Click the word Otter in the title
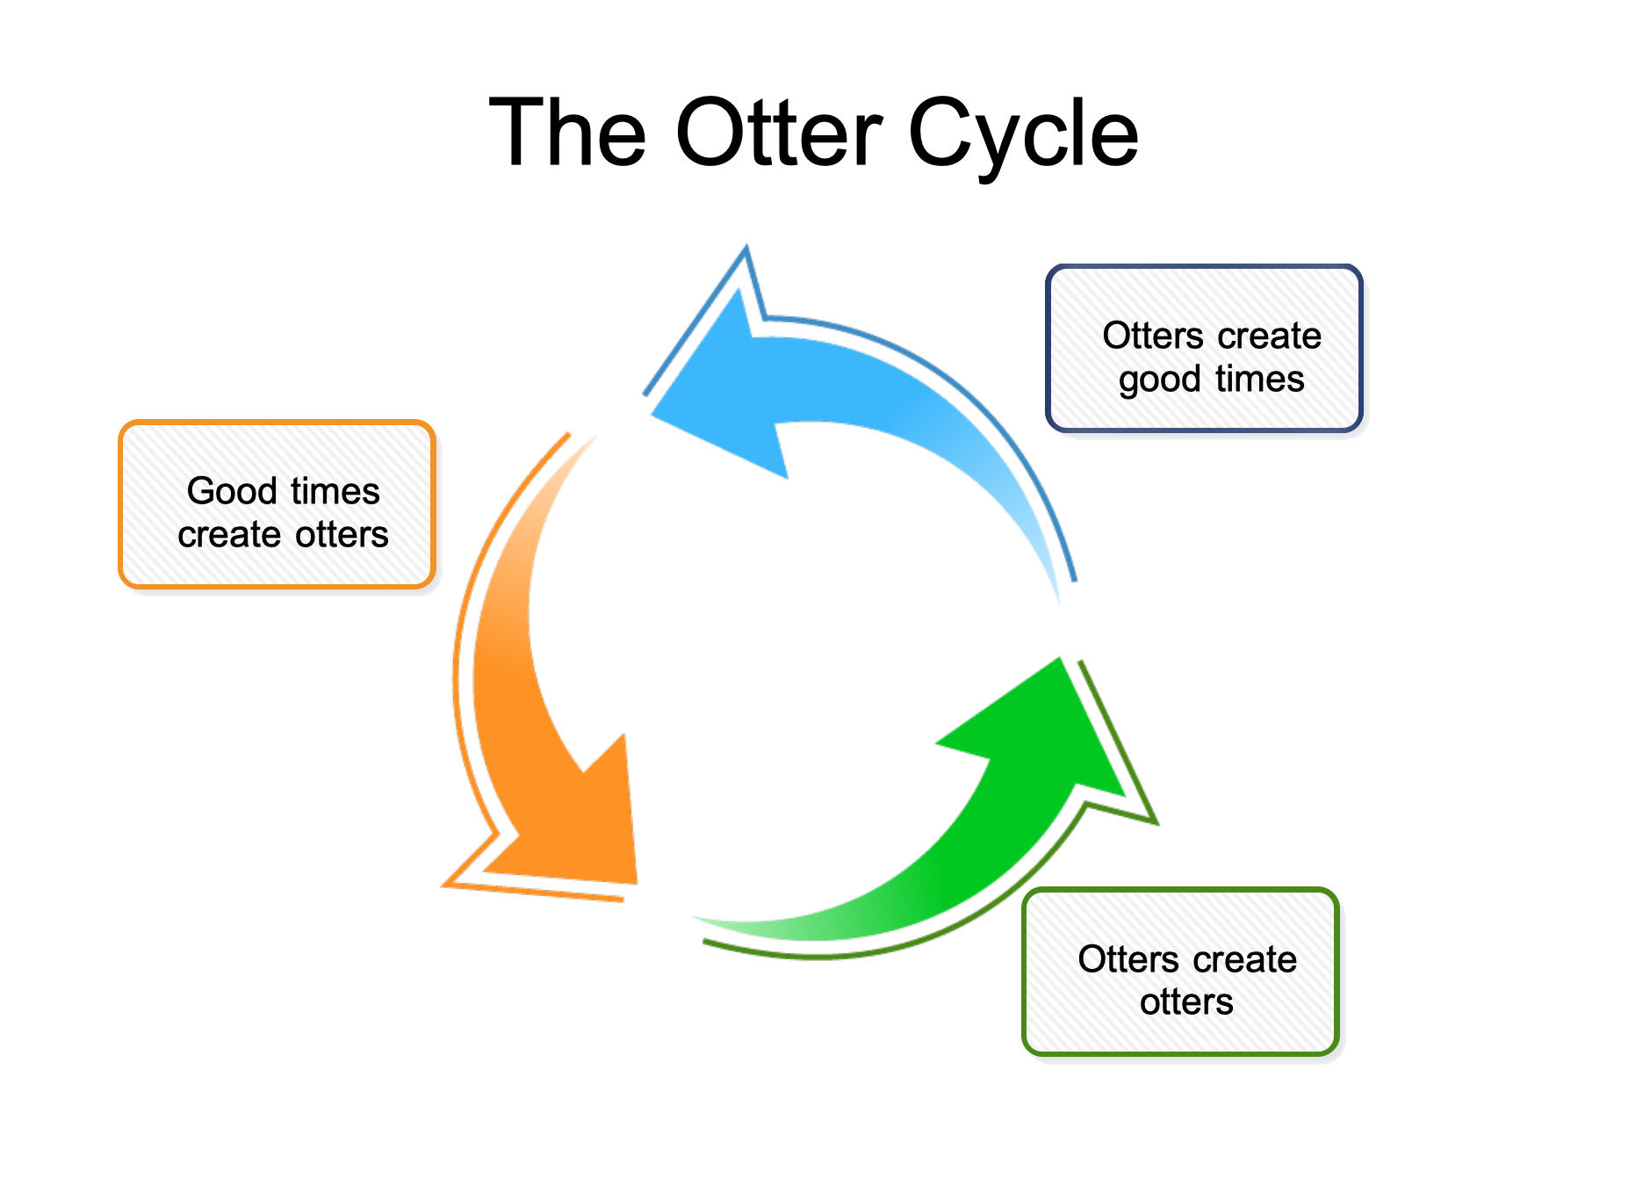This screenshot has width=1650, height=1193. (779, 134)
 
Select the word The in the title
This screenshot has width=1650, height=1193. (567, 134)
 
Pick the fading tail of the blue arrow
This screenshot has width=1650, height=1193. (1049, 562)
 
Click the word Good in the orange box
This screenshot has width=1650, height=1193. (232, 491)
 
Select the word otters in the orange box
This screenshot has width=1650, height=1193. (342, 535)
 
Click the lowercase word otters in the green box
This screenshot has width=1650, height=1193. (1186, 1002)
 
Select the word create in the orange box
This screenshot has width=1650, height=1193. (228, 535)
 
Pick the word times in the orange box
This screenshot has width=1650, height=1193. (335, 491)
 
